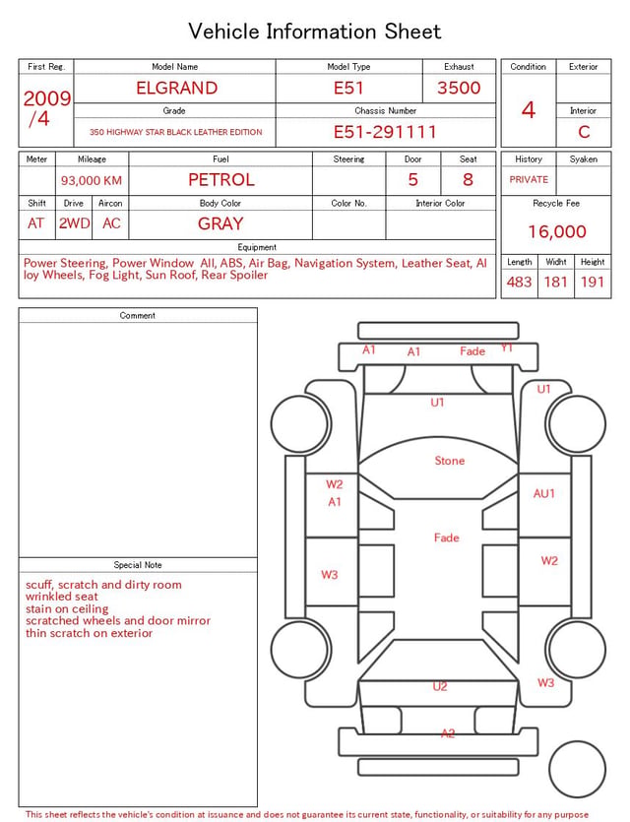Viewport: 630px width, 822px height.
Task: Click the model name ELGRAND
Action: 176,88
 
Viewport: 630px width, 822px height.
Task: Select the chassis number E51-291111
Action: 385,132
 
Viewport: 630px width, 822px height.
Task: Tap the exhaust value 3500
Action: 459,88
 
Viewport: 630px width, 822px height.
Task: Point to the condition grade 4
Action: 529,110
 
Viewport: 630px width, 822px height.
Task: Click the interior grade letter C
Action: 584,132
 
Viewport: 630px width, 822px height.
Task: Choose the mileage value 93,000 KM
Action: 92,181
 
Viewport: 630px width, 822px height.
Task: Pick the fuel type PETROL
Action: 221,180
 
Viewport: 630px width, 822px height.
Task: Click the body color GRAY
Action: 220,224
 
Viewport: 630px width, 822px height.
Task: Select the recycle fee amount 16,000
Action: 556,231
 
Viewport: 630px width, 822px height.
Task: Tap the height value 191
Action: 593,283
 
